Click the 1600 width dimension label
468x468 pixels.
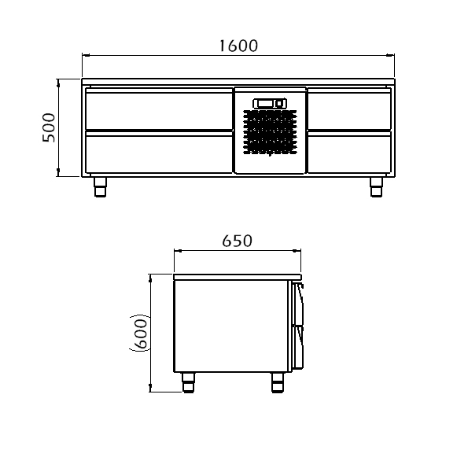click(x=238, y=46)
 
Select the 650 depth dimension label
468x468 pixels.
click(x=238, y=241)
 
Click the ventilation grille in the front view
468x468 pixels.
click(x=270, y=132)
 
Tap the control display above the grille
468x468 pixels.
click(x=270, y=103)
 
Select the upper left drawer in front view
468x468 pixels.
click(x=159, y=109)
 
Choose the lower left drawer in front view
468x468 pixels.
click(x=159, y=153)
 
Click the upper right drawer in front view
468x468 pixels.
click(x=349, y=109)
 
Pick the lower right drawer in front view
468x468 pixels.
click(x=349, y=153)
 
